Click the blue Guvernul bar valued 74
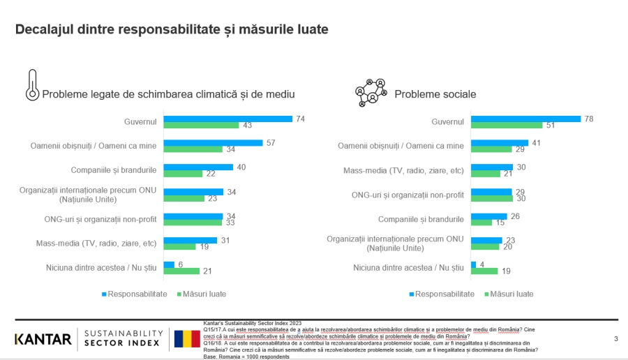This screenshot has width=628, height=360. (x=227, y=119)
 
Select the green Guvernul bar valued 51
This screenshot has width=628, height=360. (x=506, y=126)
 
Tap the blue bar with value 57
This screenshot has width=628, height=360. (x=213, y=143)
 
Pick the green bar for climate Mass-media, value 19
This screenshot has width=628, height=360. (x=179, y=246)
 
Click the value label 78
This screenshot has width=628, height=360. (x=589, y=119)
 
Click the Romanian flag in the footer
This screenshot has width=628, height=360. (x=186, y=340)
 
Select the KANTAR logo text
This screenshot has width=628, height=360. (x=43, y=340)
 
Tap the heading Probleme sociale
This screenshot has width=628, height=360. (x=435, y=94)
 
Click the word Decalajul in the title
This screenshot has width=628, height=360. (x=45, y=29)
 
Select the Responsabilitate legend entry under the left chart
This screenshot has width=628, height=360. (x=136, y=294)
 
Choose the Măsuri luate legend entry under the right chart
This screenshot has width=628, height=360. (x=509, y=294)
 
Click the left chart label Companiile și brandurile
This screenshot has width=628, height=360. (x=114, y=170)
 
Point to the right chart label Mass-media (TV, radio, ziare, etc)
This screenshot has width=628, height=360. (x=403, y=170)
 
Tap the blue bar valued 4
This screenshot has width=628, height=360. (x=472, y=264)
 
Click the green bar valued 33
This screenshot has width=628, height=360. (x=193, y=223)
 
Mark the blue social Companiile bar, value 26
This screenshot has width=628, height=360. (x=488, y=216)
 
